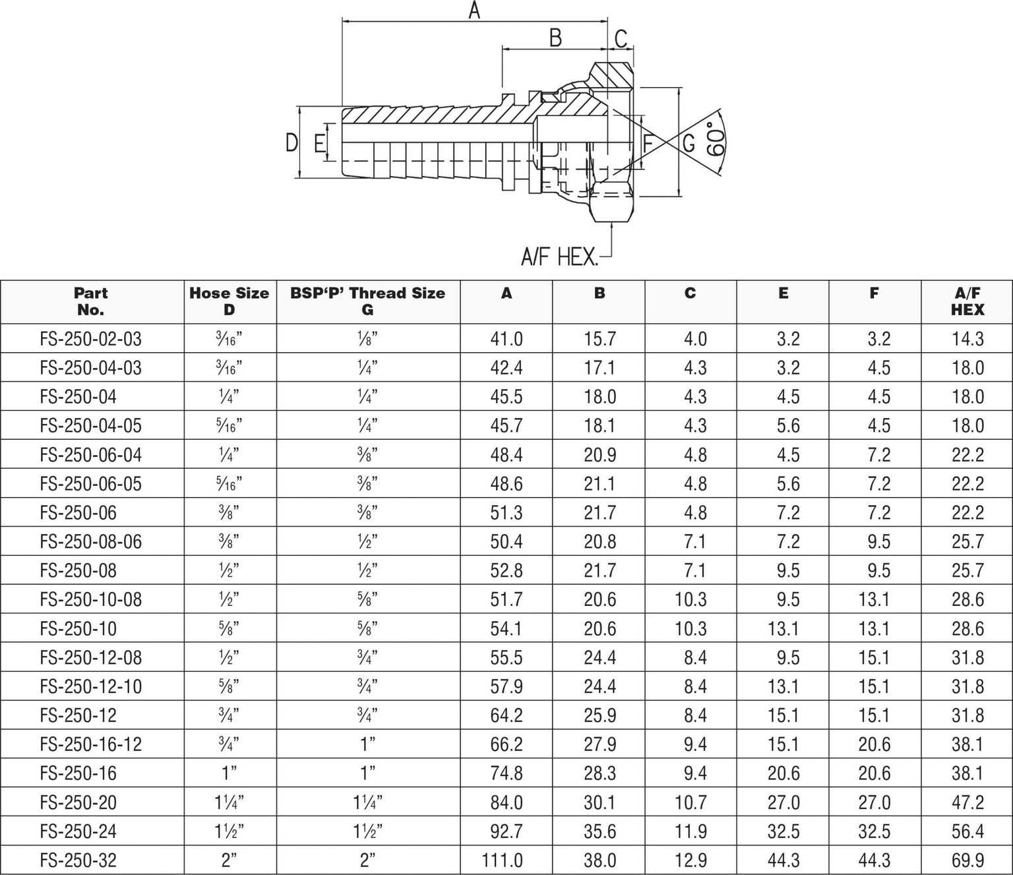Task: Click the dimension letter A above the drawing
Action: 474,11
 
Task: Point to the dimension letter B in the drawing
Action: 555,38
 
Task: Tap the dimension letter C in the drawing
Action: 621,39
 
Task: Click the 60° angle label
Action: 716,139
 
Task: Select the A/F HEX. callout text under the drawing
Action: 559,256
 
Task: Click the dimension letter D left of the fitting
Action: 292,142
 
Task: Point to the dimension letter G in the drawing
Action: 689,142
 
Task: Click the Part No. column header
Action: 91,301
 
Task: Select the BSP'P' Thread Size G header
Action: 367,301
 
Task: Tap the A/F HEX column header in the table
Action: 967,301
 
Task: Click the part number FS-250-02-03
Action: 91,339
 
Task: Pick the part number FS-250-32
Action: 78,860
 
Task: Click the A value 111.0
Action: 506,860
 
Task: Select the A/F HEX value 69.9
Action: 967,860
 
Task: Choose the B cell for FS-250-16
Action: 599,773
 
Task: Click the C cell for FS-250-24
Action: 691,831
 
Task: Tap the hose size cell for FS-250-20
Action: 229,802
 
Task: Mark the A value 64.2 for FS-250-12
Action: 506,715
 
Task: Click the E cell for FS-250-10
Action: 783,628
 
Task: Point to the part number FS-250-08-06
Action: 91,541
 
